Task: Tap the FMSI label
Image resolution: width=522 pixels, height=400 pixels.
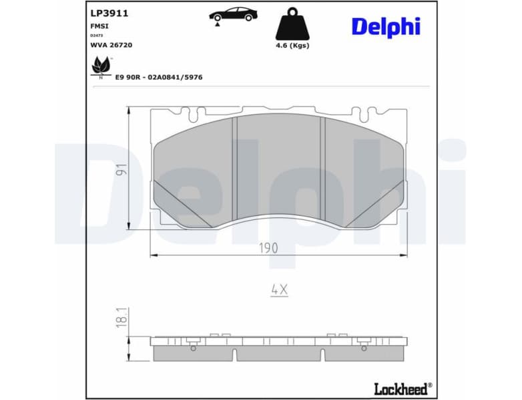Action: (x=99, y=25)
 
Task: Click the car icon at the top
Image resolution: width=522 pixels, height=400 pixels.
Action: (x=232, y=14)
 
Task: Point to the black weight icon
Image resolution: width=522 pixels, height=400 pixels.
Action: (x=292, y=25)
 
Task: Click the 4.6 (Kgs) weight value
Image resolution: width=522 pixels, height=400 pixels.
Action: (x=292, y=45)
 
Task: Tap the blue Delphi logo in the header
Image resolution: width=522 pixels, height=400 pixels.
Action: (x=385, y=27)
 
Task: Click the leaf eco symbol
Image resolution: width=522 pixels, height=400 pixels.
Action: (x=100, y=66)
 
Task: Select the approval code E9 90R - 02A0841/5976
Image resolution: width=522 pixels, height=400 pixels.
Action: (x=159, y=77)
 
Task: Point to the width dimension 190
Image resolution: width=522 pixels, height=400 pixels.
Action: (x=268, y=247)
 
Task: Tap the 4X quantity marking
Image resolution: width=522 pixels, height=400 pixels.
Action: (x=279, y=289)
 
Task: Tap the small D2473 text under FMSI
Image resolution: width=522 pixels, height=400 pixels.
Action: (x=97, y=35)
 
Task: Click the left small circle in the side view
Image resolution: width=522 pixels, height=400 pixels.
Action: (x=194, y=347)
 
